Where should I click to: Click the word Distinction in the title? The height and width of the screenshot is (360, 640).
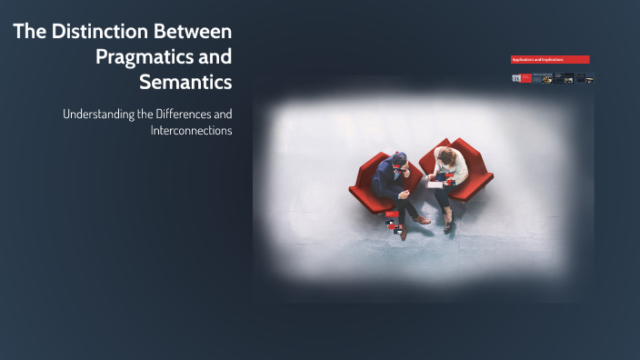click(95, 33)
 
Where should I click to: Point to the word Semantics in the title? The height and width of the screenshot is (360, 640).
click(186, 81)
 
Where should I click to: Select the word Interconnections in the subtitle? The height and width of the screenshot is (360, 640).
click(192, 130)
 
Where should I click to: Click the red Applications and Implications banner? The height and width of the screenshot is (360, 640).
click(550, 60)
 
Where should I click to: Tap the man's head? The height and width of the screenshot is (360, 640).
click(400, 161)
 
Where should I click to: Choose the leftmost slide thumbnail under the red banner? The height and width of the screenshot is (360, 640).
click(520, 79)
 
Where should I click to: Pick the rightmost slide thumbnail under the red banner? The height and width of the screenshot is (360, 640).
click(585, 79)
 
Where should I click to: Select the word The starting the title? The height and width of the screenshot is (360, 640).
click(29, 33)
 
